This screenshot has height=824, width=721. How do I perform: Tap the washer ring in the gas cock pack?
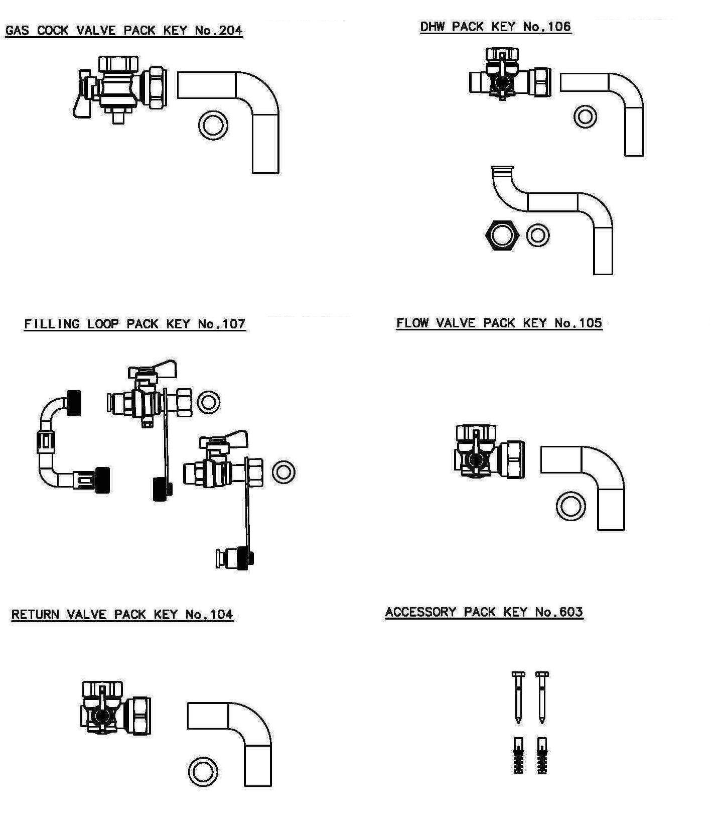click(213, 125)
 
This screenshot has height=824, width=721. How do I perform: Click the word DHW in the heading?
click(433, 27)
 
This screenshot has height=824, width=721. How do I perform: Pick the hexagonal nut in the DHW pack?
click(502, 234)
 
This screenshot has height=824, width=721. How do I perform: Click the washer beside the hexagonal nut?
click(538, 235)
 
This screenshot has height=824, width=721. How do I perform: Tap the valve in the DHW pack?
click(509, 78)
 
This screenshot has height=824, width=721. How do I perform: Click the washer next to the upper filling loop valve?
click(208, 402)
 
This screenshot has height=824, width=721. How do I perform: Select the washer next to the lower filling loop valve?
click(283, 472)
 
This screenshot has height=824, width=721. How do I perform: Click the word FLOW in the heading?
click(412, 323)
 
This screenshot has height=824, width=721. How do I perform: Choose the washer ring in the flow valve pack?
click(570, 506)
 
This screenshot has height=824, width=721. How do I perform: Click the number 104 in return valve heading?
click(221, 615)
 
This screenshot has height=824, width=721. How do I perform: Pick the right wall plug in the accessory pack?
click(542, 756)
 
